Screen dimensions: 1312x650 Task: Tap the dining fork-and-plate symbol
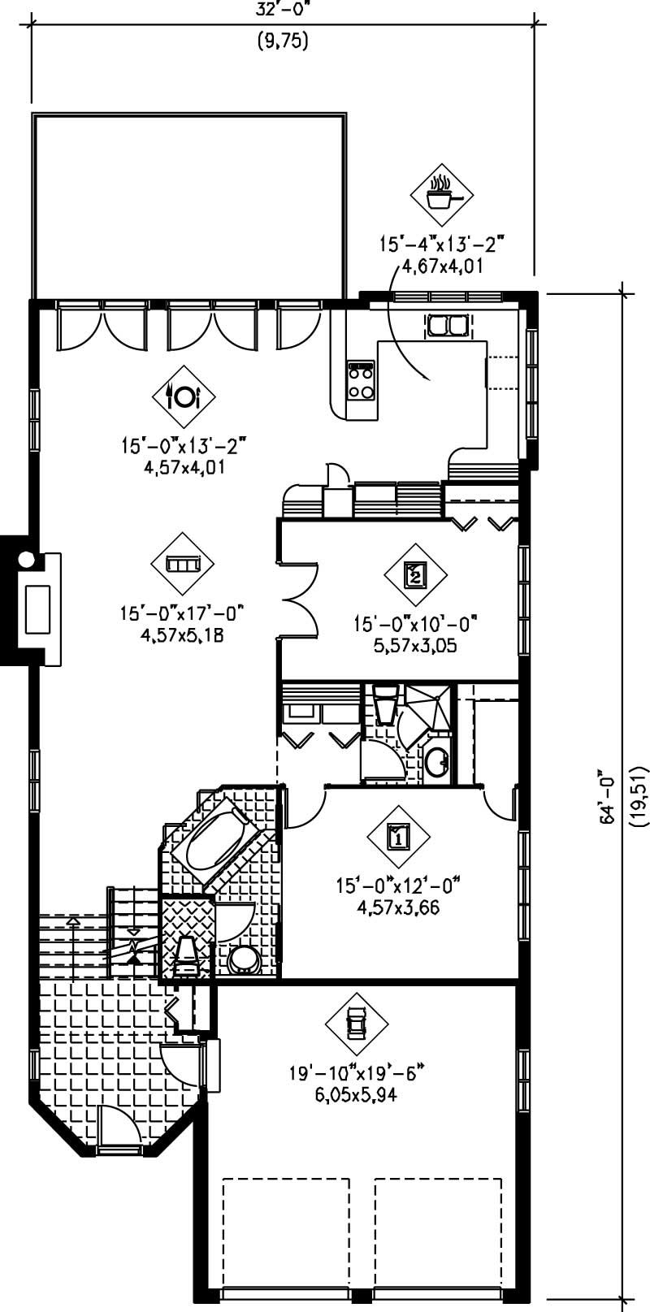183,396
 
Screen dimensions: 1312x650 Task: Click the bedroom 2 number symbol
415,575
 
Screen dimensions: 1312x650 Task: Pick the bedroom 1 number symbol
398,835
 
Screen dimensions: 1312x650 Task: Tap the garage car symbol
356,1023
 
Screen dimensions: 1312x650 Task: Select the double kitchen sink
447,326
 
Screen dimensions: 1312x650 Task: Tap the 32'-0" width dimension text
283,8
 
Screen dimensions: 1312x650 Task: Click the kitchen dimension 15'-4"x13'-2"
443,244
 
